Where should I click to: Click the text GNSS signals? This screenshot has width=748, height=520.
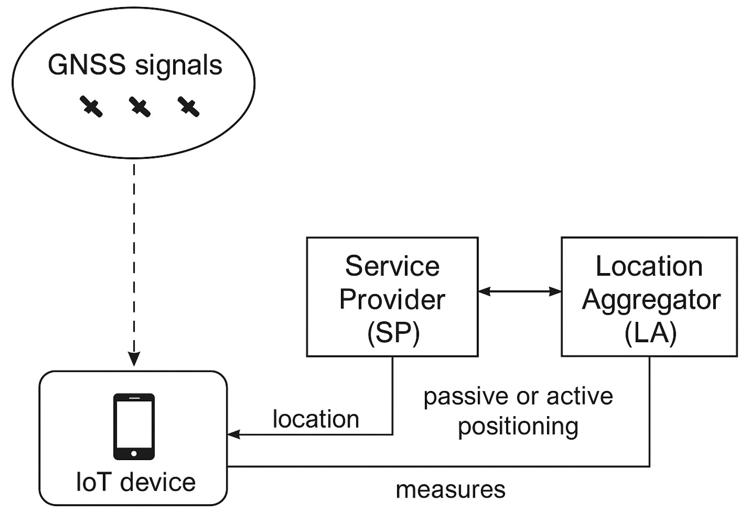point(135,65)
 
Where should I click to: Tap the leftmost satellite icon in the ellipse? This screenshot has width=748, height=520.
point(91,107)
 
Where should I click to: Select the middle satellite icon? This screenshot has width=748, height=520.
point(140,107)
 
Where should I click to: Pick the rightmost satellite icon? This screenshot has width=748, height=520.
point(189,107)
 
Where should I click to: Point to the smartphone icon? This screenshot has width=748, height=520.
point(134,426)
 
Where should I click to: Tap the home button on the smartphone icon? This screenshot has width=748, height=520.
point(134,453)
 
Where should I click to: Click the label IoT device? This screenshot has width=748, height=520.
point(136,482)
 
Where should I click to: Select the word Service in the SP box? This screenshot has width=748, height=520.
point(392,266)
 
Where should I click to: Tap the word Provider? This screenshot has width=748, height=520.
point(392,299)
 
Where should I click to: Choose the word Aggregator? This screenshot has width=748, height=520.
point(651,300)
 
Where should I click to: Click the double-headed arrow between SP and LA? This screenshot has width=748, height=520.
point(519,291)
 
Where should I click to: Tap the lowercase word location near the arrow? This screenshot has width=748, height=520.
point(316,419)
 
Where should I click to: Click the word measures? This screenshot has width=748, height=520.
point(450,489)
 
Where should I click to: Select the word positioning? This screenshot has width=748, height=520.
point(518,427)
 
